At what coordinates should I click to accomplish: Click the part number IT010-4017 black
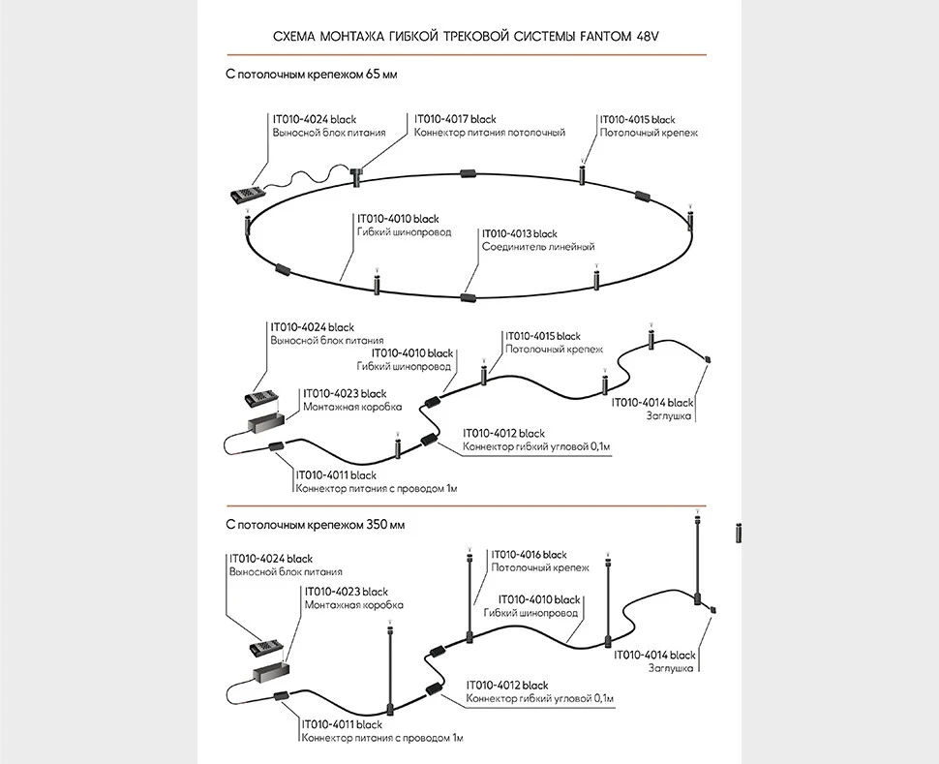point(455,119)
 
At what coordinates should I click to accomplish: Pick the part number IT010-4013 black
point(520,233)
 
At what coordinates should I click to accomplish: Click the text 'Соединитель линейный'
point(537,247)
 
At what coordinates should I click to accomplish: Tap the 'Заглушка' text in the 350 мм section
point(671,668)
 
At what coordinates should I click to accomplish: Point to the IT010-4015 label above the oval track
point(638,119)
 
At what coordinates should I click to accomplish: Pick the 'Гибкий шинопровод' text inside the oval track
point(404,232)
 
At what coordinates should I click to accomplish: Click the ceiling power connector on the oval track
point(356,175)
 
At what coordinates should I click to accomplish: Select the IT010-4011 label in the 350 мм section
point(342,724)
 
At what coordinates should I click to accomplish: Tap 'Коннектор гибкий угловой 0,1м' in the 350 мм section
point(540,698)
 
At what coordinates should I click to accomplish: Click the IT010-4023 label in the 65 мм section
point(345,393)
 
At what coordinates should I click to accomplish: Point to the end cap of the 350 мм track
point(713,609)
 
